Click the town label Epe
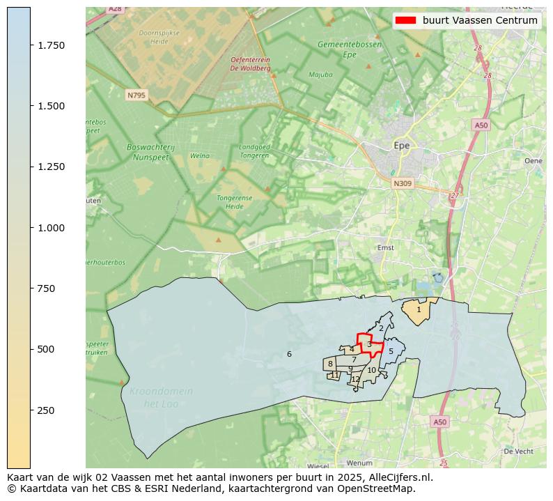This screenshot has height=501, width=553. click(x=402, y=146)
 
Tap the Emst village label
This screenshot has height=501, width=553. click(x=385, y=247)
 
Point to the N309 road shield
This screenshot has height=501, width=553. click(x=402, y=184)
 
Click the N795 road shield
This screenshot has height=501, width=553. click(x=136, y=95)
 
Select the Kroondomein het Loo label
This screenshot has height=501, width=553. click(x=161, y=397)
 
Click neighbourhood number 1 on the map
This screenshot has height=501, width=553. click(x=419, y=309)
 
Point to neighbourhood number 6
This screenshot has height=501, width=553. click(x=289, y=355)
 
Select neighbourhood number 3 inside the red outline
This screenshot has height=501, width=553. click(x=369, y=344)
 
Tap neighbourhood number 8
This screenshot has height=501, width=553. click(x=330, y=364)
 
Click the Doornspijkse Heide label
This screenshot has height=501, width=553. click(x=159, y=37)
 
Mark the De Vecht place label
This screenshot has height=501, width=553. click(x=517, y=452)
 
